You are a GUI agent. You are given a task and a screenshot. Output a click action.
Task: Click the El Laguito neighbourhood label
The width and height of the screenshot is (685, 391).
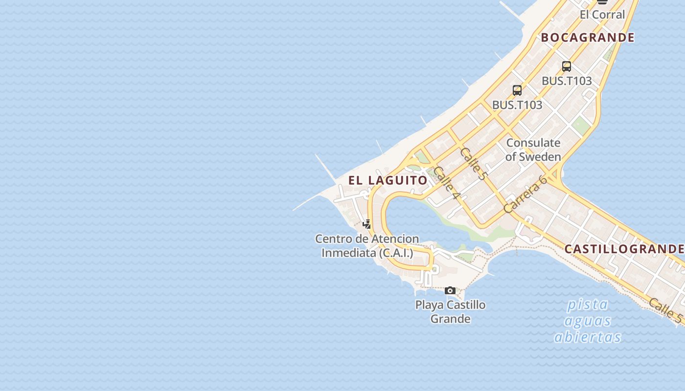(388, 180)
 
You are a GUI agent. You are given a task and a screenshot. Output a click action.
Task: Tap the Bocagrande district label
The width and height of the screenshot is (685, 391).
(587, 38)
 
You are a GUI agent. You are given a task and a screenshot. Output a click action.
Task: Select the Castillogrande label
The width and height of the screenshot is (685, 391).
(624, 249)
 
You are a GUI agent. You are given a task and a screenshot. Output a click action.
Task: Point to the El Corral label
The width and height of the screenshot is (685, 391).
(602, 15)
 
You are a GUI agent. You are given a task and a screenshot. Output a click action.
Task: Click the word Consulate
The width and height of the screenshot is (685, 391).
(533, 143)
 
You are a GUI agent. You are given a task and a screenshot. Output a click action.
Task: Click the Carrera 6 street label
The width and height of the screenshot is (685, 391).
(525, 194)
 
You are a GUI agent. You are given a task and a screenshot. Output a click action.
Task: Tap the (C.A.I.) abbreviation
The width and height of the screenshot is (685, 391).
(396, 253)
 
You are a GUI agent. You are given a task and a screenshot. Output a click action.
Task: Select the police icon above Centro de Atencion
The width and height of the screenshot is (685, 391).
(366, 224)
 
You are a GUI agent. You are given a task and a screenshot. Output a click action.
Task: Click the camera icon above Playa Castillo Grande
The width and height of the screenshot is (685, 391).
(450, 291)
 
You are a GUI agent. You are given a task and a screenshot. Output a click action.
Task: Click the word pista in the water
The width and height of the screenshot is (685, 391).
(587, 305)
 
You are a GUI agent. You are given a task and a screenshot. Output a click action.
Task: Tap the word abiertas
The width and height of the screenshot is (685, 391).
(588, 337)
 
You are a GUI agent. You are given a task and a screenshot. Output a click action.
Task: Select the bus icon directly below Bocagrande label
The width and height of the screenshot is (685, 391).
(566, 66)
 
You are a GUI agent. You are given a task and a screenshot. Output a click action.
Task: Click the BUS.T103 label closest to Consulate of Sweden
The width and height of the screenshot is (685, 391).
(517, 105)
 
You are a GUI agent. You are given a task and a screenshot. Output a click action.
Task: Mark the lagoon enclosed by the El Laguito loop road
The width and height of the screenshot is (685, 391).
(411, 220)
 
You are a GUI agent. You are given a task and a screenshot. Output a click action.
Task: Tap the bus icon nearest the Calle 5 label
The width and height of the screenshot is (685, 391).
(517, 90)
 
